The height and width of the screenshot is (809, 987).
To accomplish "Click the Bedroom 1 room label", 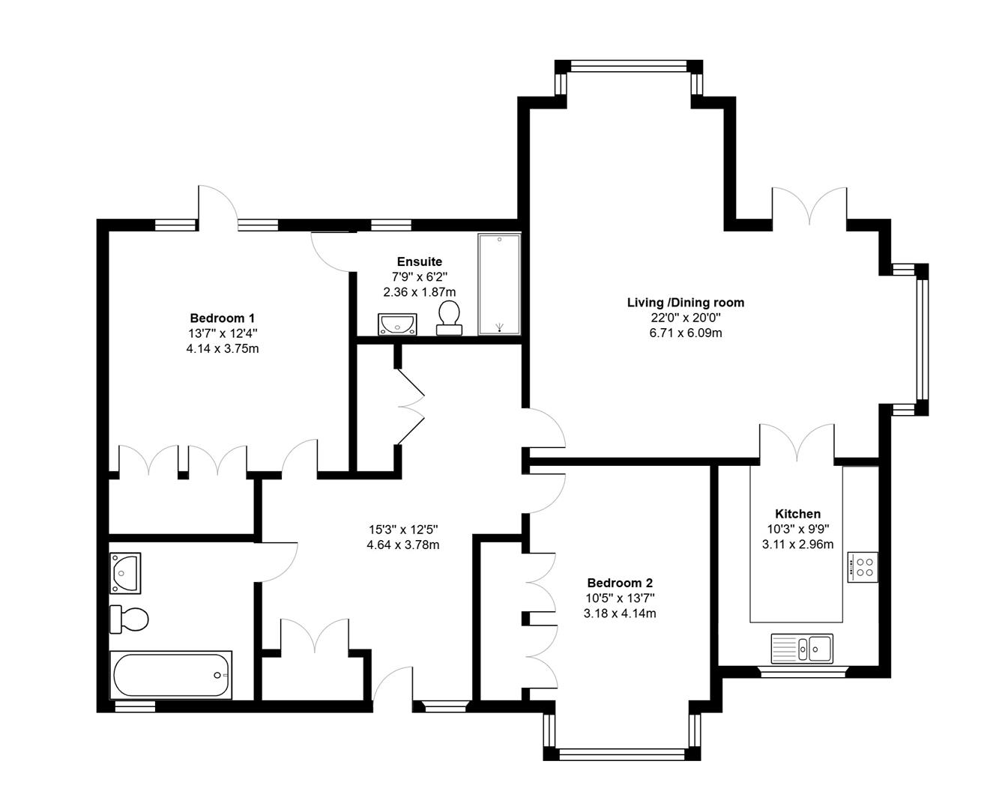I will click(x=222, y=318).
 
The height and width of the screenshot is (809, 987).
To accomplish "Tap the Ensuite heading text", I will click(x=419, y=261).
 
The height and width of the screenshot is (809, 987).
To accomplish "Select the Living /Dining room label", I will click(x=685, y=303).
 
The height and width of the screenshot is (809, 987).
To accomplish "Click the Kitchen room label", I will click(x=797, y=514).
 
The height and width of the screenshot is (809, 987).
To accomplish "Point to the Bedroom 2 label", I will click(x=620, y=583).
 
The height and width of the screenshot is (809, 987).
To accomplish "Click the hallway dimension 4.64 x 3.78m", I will click(x=402, y=545).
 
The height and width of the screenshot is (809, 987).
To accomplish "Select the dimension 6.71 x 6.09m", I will click(x=685, y=333).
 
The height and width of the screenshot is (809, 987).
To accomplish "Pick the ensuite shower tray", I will click(x=499, y=284).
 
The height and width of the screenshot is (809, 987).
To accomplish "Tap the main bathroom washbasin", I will click(x=125, y=572).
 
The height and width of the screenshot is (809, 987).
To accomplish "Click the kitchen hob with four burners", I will click(x=863, y=566).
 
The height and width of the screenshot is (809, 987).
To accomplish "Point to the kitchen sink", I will click(x=802, y=648).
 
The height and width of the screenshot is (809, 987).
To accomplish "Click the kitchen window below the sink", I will click(x=802, y=672).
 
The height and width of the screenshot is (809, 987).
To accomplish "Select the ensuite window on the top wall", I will click(x=390, y=224).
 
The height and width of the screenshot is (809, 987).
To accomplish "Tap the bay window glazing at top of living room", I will click(x=628, y=66).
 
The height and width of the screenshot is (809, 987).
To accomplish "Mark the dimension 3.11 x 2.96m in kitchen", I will click(x=797, y=545).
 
